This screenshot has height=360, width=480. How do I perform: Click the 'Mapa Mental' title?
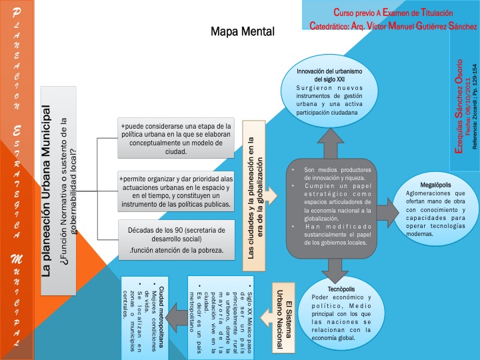click(241, 32)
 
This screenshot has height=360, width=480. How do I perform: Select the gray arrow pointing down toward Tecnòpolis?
click(329, 267)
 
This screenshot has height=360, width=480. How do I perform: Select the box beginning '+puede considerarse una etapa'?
click(175, 139)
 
